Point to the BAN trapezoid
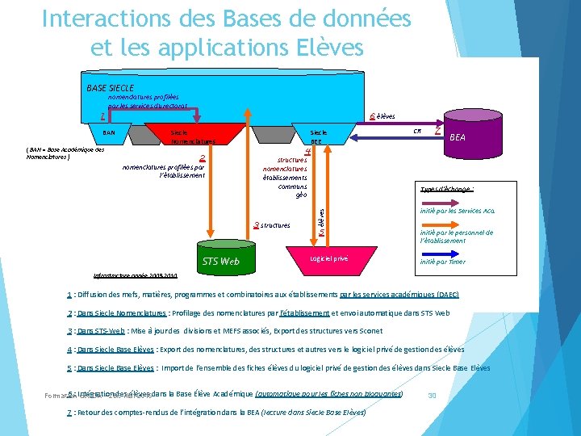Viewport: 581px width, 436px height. (109, 132)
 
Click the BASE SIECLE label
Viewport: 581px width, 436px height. (110, 87)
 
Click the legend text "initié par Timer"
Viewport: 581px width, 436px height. (443, 262)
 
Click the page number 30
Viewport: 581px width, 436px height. (432, 395)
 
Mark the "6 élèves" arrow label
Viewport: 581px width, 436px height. (382, 116)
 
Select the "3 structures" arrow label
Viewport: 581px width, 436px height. (272, 225)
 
